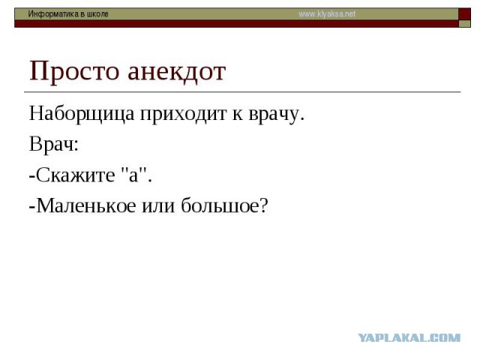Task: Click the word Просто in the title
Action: [73, 72]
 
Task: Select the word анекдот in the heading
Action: [177, 72]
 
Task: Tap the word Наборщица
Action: [82, 115]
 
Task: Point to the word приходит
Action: [183, 115]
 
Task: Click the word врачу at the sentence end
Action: [276, 115]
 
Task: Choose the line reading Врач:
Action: [54, 144]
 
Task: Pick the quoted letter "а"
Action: [133, 174]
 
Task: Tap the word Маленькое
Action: [86, 205]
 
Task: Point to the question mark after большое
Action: [264, 205]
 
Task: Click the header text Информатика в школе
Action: [68, 14]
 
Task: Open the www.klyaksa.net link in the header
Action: [327, 14]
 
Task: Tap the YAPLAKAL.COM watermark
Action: [409, 338]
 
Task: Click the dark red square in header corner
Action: [464, 14]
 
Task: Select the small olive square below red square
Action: [464, 24]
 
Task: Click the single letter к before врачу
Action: [237, 115]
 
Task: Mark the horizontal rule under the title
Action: [242, 91]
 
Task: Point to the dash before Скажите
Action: [32, 177]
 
